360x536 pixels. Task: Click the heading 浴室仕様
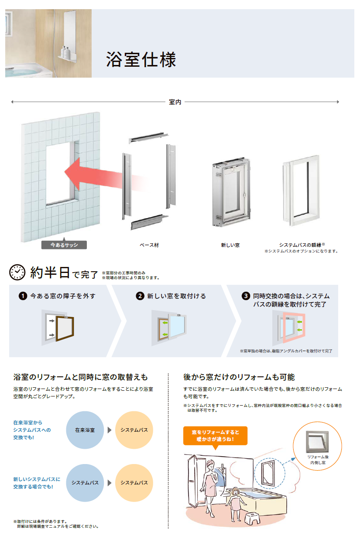(x=141, y=59)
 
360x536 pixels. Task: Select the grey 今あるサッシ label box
(x=64, y=245)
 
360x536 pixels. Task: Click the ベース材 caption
(x=149, y=245)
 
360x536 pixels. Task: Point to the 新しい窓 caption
(x=230, y=245)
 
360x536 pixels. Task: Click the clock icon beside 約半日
(x=17, y=272)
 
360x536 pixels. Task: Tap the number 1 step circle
(x=23, y=296)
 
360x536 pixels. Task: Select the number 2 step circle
(x=140, y=296)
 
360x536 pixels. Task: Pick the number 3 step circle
(x=246, y=296)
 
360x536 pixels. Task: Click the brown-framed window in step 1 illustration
(x=65, y=328)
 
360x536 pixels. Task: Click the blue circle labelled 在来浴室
(x=85, y=430)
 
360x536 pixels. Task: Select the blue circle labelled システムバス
(x=85, y=483)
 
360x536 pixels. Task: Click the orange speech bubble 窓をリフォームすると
(x=215, y=436)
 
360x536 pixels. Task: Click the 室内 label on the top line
(x=175, y=102)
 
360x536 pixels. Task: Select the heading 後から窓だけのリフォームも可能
(x=239, y=377)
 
